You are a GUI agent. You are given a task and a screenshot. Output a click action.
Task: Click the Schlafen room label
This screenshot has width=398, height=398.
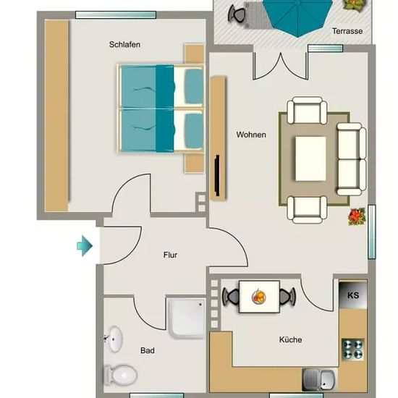pos(124,44)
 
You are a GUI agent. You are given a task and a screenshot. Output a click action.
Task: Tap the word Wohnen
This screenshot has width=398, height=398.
pos(251,135)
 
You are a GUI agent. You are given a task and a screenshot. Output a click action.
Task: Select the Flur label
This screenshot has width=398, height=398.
pos(170,255)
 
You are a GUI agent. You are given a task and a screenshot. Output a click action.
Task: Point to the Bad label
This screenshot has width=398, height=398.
pos(147,350)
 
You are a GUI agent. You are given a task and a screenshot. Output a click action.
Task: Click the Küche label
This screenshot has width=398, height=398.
pos(290,339)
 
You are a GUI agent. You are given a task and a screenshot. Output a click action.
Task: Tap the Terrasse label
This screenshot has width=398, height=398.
pos(347,31)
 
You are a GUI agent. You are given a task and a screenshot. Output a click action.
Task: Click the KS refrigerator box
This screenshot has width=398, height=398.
pos(353,295)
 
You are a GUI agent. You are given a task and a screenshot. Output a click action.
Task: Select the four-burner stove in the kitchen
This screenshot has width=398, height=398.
pos(353,350)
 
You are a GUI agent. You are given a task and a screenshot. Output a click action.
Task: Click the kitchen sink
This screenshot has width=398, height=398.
pos(319,379)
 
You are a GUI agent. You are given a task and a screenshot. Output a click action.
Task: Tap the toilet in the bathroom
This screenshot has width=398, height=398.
pos(120,375)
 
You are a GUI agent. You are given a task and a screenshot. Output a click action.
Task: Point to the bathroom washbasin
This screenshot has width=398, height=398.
pos(114,339)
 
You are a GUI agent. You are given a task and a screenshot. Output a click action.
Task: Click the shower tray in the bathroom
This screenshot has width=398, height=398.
pos(187,318)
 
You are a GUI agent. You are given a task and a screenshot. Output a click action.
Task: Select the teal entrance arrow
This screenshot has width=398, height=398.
pos(85,246)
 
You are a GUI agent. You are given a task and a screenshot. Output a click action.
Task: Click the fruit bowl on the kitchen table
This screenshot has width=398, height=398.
pos(258,297)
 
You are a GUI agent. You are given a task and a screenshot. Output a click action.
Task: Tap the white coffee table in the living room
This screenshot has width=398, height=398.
pos(310,158)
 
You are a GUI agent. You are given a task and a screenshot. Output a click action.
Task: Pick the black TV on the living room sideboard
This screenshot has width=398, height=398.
pos(217,175)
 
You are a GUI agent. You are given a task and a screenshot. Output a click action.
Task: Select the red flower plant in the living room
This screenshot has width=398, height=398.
pos(357,216)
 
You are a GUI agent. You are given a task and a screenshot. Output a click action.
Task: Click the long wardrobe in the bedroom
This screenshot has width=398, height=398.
pos(56,116)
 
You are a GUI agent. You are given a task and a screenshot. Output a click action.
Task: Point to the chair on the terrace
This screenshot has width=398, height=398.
pos(237,13)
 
